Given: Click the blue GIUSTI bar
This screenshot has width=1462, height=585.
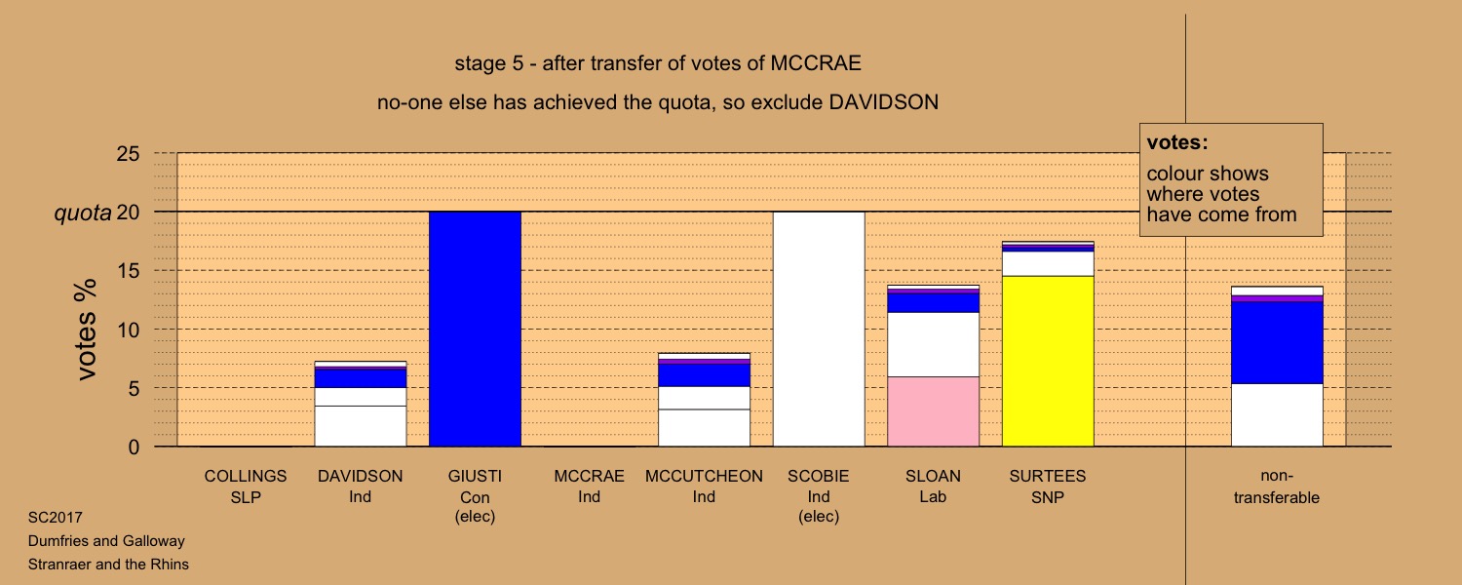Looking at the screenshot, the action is [476, 330].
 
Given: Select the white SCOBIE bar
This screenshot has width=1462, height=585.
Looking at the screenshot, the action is [819, 330].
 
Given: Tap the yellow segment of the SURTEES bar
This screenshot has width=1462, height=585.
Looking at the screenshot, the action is [1048, 361].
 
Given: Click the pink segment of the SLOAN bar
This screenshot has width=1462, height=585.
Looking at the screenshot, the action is [934, 411].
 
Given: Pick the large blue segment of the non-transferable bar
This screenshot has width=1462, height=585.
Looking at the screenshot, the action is [1277, 342].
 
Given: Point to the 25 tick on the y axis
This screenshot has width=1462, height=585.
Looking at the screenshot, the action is [128, 153].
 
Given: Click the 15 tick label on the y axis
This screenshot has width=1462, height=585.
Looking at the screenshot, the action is [128, 270].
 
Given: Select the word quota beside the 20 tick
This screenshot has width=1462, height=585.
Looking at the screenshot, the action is [82, 213].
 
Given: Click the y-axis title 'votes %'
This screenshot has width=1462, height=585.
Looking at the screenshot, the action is [86, 330].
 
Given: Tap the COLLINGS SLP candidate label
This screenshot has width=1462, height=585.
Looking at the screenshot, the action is [246, 487].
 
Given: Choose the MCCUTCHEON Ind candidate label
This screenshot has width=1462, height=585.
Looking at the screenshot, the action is [704, 487].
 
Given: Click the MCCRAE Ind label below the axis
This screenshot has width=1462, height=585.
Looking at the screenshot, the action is [589, 487].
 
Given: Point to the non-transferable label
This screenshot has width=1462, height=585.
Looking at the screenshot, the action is [1277, 487].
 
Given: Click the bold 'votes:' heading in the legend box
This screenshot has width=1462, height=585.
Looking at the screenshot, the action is [1177, 142].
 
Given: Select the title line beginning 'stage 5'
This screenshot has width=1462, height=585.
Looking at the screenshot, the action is [658, 63].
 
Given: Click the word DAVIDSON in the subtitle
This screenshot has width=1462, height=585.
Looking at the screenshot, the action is [884, 102].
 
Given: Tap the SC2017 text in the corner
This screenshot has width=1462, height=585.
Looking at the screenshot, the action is [56, 518].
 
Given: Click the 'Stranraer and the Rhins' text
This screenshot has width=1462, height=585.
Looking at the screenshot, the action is [108, 565].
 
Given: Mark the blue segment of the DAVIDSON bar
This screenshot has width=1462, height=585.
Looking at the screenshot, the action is [361, 378].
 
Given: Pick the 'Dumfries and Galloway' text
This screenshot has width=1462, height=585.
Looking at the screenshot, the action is [106, 541].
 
